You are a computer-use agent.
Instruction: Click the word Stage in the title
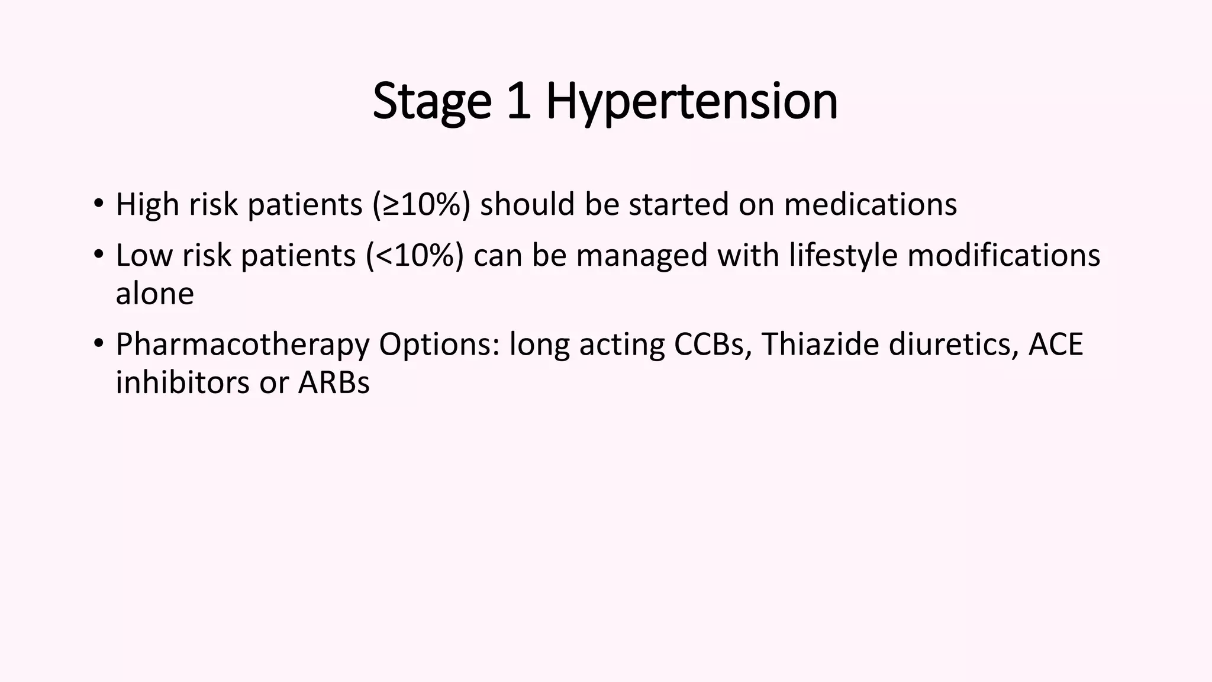(432, 102)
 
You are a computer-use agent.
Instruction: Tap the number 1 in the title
(519, 102)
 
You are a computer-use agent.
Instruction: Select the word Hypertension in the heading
(691, 102)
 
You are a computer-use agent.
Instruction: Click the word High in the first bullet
(147, 205)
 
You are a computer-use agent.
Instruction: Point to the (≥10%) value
(422, 205)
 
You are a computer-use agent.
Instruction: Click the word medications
(870, 205)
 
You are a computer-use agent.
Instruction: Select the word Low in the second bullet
(144, 256)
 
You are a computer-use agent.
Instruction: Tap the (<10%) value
(415, 256)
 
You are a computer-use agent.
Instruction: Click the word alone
(154, 294)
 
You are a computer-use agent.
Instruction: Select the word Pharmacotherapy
(243, 345)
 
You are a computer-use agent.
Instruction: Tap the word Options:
(439, 345)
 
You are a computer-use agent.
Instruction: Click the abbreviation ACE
(1055, 345)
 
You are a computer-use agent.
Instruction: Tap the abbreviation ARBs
(334, 382)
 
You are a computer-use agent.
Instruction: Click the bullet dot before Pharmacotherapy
(98, 343)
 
